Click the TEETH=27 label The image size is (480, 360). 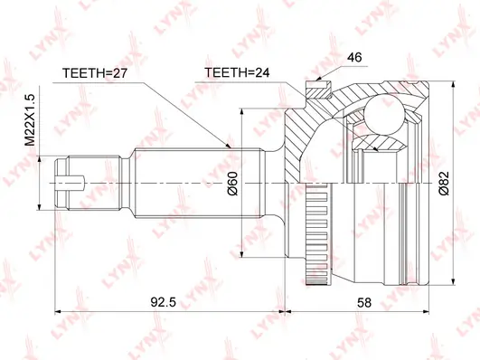(95, 73)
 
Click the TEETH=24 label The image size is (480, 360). (237, 72)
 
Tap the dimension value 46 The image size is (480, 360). (354, 57)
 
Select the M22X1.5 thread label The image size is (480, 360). (31, 120)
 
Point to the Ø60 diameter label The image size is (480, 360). (232, 184)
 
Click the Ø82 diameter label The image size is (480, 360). (444, 184)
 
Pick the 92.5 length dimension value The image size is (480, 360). (164, 302)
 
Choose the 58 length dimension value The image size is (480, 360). (364, 302)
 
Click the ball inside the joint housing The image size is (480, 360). (385, 114)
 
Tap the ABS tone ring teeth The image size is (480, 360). (317, 233)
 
